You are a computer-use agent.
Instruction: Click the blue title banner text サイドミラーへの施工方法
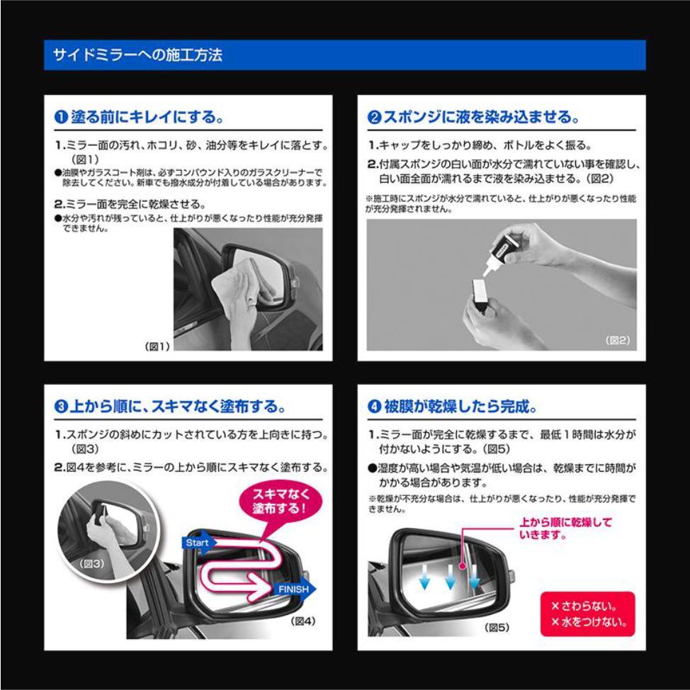click(137, 55)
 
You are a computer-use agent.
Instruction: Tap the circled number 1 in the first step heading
click(61, 117)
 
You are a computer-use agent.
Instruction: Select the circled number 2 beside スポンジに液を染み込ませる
click(374, 117)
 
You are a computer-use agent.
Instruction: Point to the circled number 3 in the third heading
click(61, 406)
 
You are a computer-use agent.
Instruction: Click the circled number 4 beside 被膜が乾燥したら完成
click(374, 406)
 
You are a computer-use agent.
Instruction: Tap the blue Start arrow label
click(199, 543)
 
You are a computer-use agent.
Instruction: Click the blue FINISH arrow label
click(295, 589)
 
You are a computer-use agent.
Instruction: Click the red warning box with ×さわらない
click(587, 614)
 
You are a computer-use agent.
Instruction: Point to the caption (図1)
click(157, 346)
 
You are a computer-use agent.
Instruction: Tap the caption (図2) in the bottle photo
click(618, 340)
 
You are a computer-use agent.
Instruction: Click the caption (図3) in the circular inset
click(91, 563)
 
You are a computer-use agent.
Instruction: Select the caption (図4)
click(303, 621)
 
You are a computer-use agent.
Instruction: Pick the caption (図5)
click(497, 627)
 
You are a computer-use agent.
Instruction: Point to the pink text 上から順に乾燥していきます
click(565, 528)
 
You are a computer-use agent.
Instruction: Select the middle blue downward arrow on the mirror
click(450, 577)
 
